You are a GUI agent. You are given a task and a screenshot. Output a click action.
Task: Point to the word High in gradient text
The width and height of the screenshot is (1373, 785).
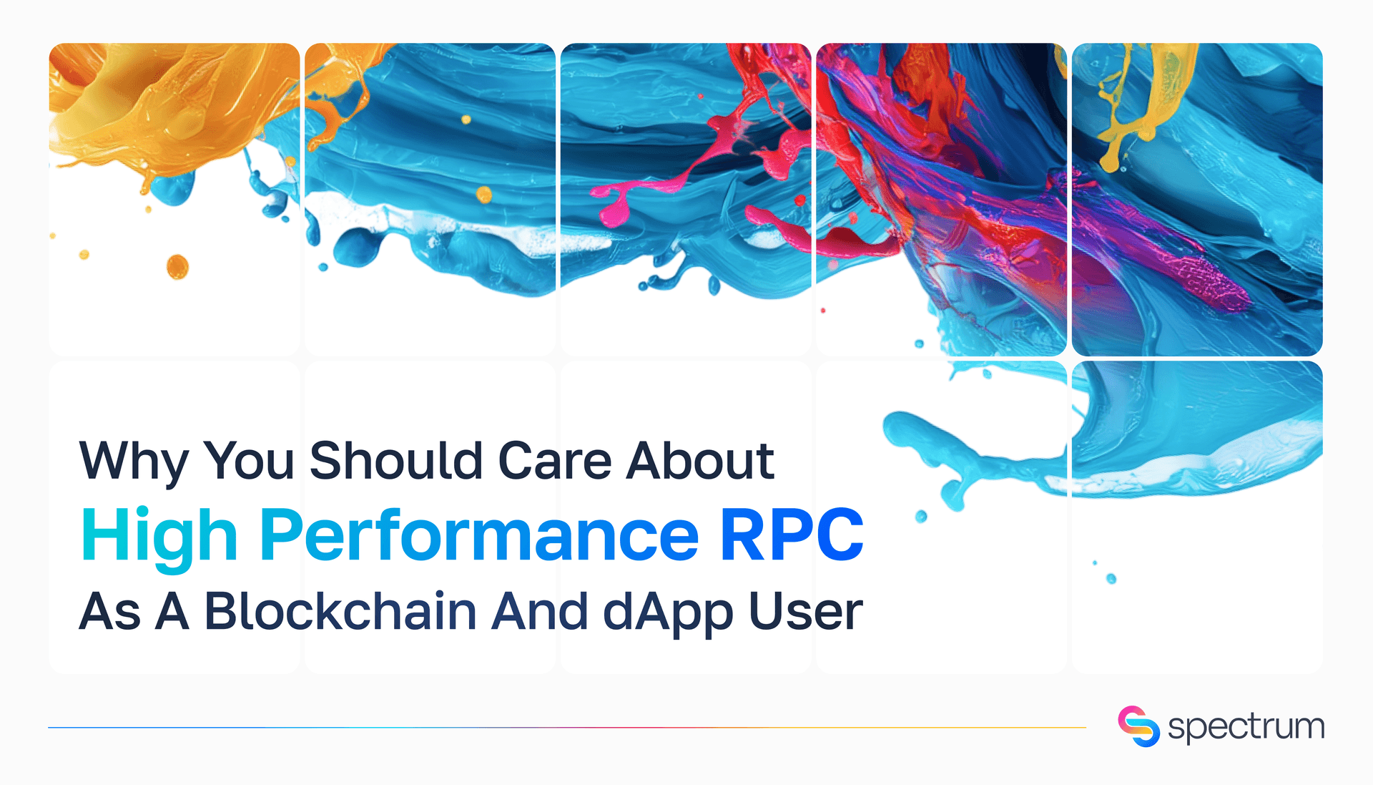coord(159,537)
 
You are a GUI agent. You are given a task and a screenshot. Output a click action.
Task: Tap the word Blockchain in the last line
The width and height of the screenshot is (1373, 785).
coord(340,612)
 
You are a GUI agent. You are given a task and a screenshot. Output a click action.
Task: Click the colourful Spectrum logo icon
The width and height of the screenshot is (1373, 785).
coord(1138,726)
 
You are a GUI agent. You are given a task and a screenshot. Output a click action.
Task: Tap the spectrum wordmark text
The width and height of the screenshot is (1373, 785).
coord(1246,727)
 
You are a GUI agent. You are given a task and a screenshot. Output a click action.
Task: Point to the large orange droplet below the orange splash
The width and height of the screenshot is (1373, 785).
coord(177,266)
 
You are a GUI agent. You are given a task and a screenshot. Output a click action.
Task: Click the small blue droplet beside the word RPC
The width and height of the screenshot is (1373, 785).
coord(921,516)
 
